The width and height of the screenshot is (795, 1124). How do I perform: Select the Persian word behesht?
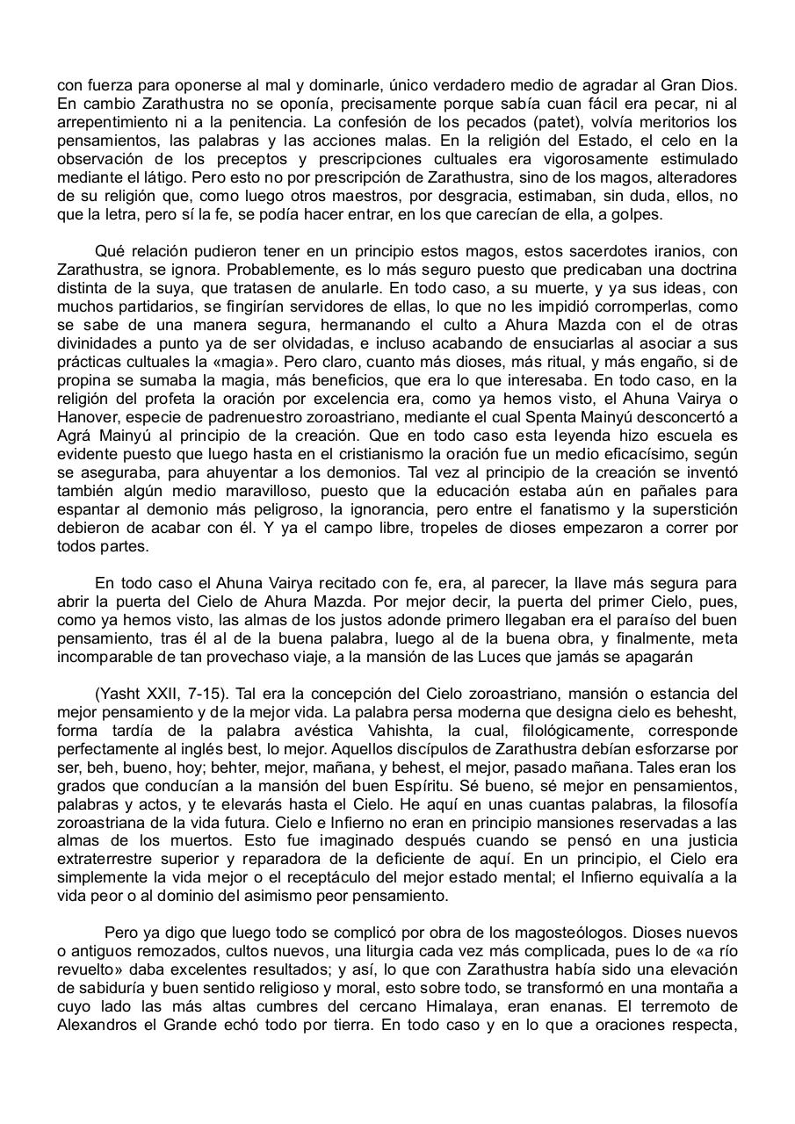[707, 711]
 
